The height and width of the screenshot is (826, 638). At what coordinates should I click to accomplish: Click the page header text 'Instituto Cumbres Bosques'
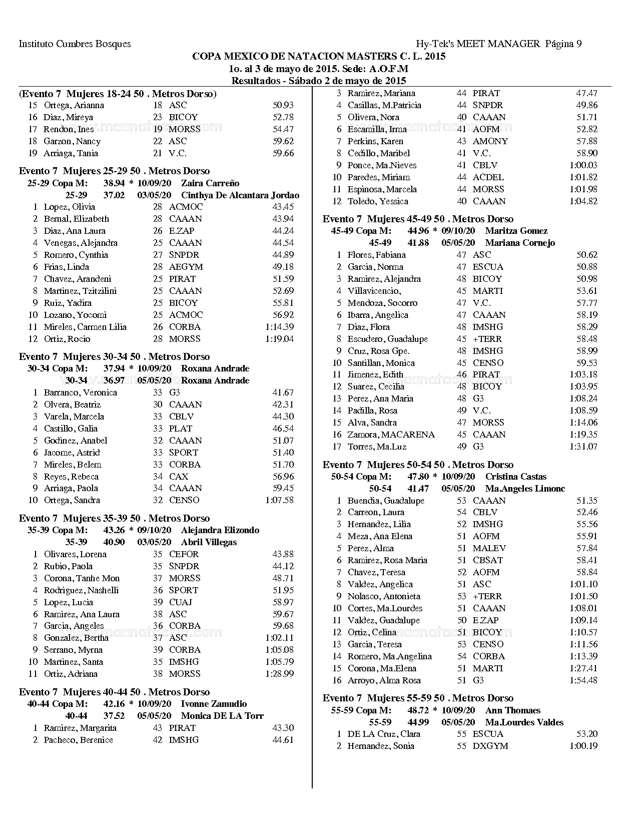click(75, 44)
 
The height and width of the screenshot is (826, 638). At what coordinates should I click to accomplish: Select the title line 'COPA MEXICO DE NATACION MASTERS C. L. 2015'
click(319, 57)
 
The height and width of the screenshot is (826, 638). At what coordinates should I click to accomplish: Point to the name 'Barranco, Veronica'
click(80, 392)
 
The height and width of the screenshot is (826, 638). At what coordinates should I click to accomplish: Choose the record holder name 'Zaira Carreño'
click(210, 183)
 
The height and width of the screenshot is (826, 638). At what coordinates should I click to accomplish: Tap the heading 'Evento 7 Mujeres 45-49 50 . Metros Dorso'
click(418, 219)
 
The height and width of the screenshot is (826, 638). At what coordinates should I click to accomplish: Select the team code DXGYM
click(490, 746)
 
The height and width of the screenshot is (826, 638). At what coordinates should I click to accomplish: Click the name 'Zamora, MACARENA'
click(391, 435)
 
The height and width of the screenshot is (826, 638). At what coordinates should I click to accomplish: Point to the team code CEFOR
click(184, 554)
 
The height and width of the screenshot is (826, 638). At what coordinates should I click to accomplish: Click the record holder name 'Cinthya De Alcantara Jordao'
click(240, 195)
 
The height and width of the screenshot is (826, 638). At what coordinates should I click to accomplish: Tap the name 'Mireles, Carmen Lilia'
click(85, 327)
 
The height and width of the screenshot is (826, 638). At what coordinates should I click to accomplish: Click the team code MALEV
click(489, 548)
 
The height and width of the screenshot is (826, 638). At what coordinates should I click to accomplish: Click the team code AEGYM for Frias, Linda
click(186, 267)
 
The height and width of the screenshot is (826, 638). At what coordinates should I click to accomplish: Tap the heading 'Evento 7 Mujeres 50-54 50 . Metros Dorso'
click(418, 465)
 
